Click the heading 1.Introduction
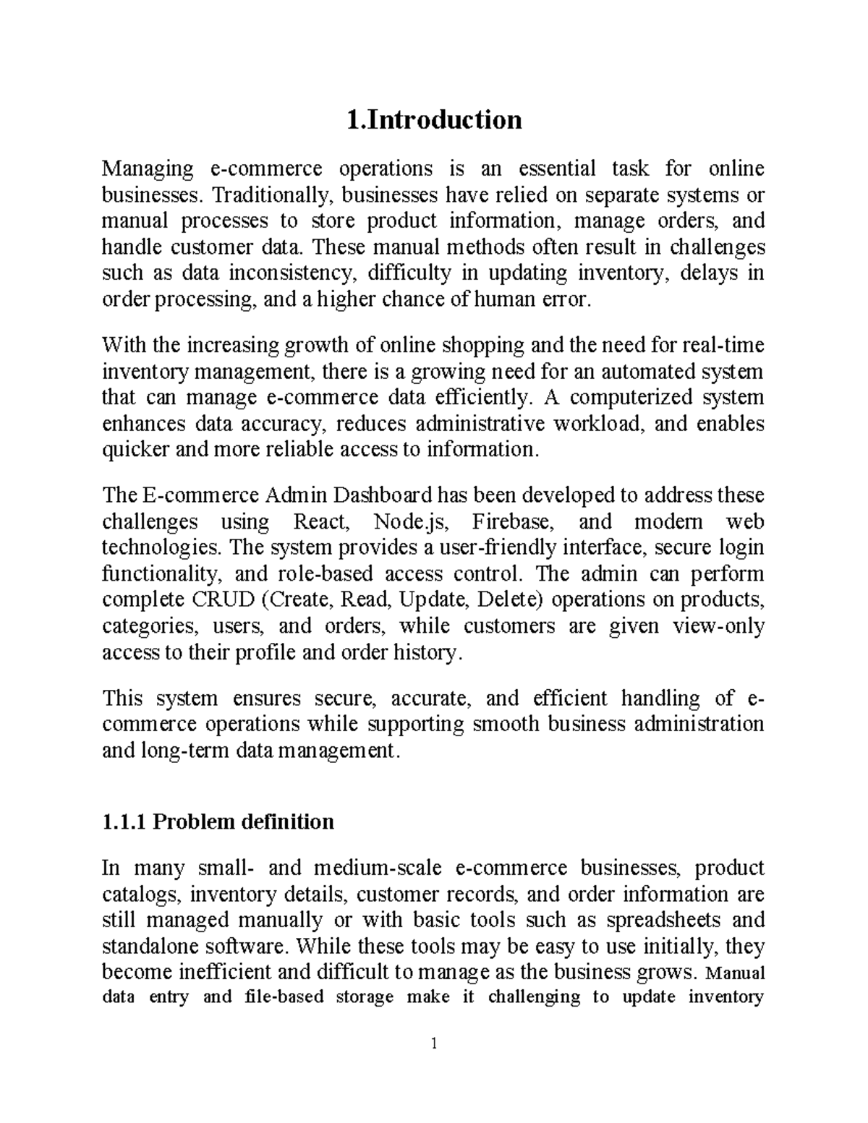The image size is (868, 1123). point(433,119)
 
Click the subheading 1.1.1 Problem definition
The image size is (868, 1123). point(218,821)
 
